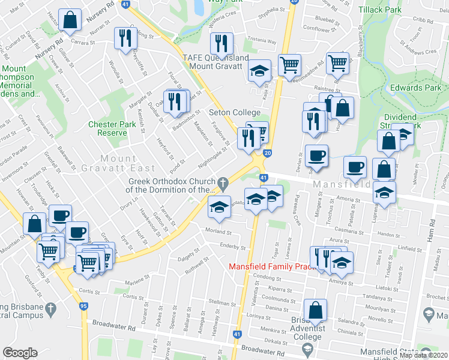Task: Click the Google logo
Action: click(20, 353)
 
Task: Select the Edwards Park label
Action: click(415, 88)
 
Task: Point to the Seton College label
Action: click(234, 113)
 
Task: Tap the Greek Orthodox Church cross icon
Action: click(223, 182)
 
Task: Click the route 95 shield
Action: click(83, 306)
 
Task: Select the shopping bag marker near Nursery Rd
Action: click(70, 19)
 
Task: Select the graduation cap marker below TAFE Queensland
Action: click(259, 72)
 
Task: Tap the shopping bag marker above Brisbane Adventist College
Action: click(315, 310)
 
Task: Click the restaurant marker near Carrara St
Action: click(124, 38)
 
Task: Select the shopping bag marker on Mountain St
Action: click(34, 223)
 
